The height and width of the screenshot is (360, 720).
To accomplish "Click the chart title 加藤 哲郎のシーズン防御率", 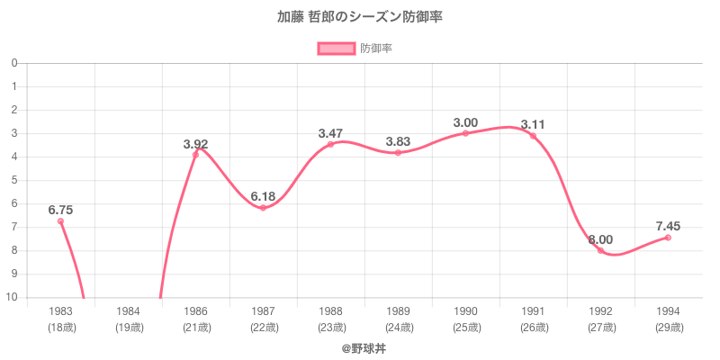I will (x=360, y=17).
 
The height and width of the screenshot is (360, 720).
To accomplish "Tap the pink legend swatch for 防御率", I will (x=337, y=49).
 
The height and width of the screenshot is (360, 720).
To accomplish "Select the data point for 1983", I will (x=60, y=221).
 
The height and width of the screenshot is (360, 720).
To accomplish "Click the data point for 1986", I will (x=195, y=155).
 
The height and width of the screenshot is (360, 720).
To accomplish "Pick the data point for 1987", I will (x=263, y=208).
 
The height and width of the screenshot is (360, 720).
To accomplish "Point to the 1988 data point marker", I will (x=330, y=144).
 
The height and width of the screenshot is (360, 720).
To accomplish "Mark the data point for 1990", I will (x=465, y=133).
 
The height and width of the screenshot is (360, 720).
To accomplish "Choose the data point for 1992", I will (x=600, y=250).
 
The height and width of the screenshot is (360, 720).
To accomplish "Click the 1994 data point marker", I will (x=668, y=238).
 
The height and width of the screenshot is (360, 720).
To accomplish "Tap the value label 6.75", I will (x=60, y=210).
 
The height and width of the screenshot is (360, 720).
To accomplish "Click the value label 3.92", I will (x=195, y=144).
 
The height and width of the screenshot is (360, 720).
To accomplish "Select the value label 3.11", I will (x=533, y=124).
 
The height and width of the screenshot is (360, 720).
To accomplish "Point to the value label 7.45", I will (x=668, y=226).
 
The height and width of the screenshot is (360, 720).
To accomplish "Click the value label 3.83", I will (x=398, y=141).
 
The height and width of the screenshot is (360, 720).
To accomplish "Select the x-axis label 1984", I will (x=128, y=310).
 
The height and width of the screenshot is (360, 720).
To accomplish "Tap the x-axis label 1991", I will (x=533, y=310).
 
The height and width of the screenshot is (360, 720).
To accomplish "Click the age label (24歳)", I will (x=398, y=327).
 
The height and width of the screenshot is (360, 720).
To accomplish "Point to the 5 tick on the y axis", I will (x=13, y=180).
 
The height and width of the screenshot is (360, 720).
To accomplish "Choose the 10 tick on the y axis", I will (x=12, y=297).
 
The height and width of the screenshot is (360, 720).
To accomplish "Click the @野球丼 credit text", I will (x=360, y=346).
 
